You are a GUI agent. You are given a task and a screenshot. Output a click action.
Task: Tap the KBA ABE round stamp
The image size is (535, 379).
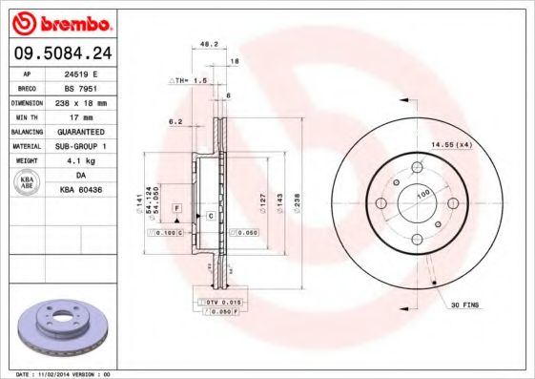click(x=28, y=182)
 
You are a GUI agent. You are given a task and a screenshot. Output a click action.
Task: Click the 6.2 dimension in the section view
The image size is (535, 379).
click(x=175, y=122)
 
